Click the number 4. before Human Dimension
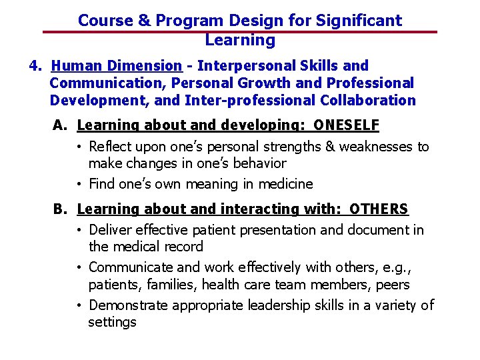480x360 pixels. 36,66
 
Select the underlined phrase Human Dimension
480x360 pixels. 117,66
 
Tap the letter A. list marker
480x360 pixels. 61,125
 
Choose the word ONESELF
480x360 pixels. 346,125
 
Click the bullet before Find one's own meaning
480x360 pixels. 79,185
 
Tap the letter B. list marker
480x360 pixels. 61,209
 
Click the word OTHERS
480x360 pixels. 379,209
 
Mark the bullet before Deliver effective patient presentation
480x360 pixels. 79,231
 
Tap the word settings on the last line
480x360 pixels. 112,322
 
